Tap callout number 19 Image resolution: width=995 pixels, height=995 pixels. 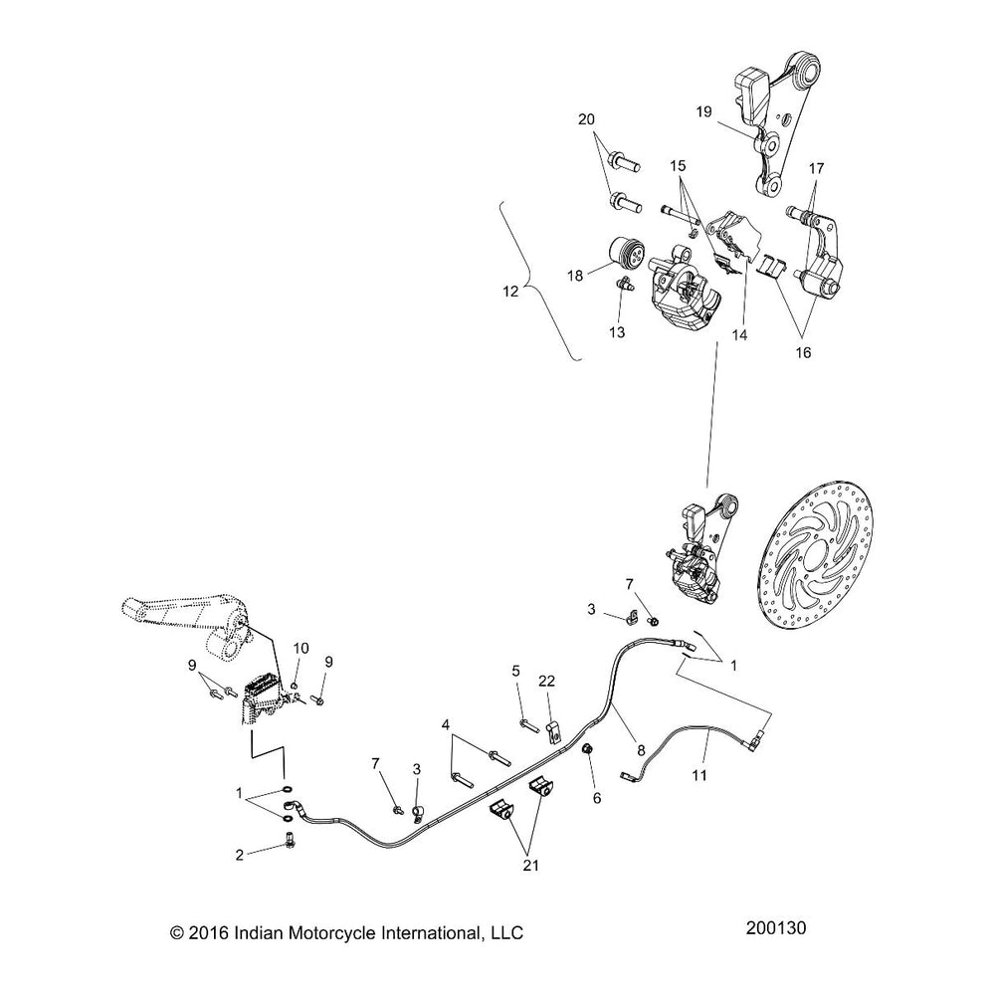[x=703, y=112]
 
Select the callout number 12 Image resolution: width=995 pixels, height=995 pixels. [x=510, y=292]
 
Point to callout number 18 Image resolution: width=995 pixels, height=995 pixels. [x=575, y=277]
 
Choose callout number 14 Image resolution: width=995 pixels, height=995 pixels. [x=739, y=334]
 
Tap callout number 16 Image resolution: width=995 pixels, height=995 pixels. [x=803, y=352]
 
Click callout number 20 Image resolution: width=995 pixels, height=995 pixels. [x=586, y=119]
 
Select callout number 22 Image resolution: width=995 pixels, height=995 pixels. [x=546, y=681]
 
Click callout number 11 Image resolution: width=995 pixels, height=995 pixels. [x=699, y=775]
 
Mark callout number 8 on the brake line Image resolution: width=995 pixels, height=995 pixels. [x=641, y=750]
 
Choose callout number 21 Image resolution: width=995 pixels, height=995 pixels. [x=531, y=865]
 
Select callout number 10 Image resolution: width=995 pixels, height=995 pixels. [x=300, y=648]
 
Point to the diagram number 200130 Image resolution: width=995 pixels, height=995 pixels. [x=775, y=928]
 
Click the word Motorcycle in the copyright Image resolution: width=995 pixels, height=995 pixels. [x=331, y=933]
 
